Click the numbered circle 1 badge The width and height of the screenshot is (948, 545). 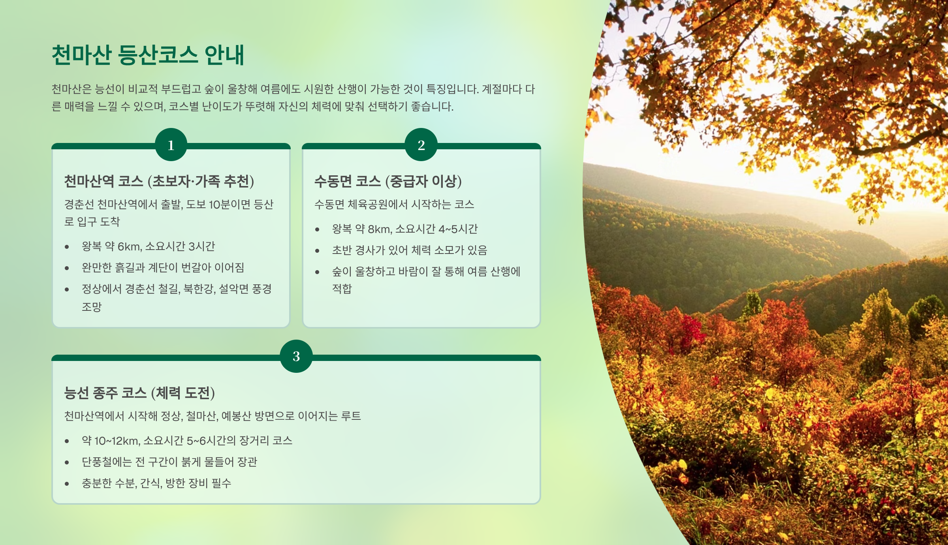coord(171,145)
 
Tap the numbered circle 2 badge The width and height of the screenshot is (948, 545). coord(421,145)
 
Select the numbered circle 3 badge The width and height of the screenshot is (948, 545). coord(296,356)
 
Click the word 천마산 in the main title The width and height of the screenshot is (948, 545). coord(82,55)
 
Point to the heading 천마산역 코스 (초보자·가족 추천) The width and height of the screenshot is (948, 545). coord(159,181)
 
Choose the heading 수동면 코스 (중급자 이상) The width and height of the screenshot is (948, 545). coord(388,181)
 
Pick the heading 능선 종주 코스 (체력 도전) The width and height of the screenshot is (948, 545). coord(139,393)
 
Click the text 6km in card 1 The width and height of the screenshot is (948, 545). coord(129,247)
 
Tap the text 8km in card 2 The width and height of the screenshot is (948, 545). coord(379,229)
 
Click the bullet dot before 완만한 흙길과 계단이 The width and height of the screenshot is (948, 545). coord(67,268)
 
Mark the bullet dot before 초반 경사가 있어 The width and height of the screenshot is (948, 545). coord(317,251)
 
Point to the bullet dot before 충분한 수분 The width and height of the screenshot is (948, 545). coord(67,484)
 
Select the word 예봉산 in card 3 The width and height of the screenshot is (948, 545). coord(236,416)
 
